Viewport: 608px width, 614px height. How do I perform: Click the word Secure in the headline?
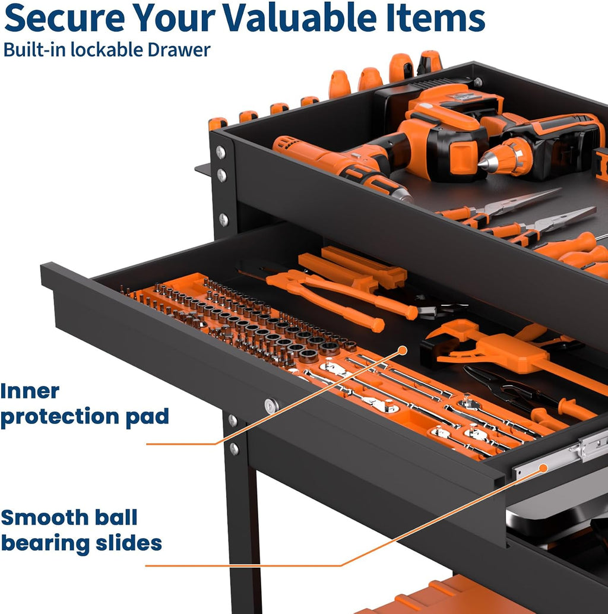[65, 18]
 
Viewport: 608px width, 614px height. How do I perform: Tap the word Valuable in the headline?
[299, 18]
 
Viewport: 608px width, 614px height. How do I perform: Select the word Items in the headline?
[435, 18]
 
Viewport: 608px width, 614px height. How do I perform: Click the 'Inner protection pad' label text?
[84, 405]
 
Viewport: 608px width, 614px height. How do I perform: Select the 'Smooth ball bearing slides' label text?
[81, 531]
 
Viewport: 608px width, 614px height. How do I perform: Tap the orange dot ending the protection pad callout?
[403, 350]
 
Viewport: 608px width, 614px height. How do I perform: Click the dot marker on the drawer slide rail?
[543, 467]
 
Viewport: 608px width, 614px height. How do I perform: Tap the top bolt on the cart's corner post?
[221, 151]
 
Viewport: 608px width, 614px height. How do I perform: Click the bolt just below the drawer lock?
[233, 420]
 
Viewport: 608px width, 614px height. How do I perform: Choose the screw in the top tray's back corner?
[477, 82]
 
